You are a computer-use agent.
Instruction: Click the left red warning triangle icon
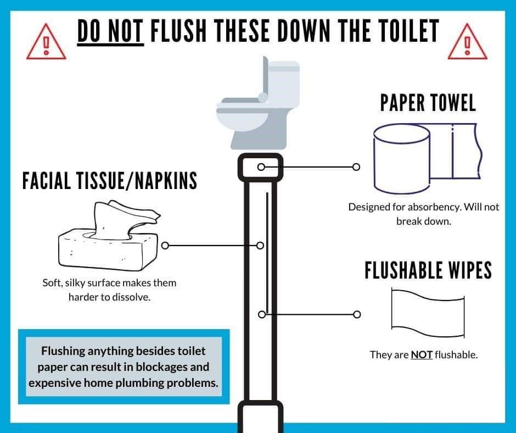click(x=47, y=43)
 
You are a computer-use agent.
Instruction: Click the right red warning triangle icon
click(x=467, y=43)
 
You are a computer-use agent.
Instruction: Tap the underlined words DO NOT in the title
click(x=110, y=32)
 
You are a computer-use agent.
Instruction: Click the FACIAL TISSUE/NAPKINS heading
click(x=109, y=180)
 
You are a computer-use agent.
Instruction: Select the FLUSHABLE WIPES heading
click(x=428, y=270)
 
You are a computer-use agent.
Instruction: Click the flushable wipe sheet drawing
click(x=429, y=314)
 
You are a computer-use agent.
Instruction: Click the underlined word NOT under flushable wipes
click(x=422, y=355)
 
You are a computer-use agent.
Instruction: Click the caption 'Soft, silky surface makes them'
click(x=109, y=284)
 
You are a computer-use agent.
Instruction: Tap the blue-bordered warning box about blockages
click(x=124, y=367)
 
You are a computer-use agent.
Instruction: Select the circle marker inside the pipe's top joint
click(x=261, y=166)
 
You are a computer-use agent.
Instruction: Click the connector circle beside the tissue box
click(x=165, y=245)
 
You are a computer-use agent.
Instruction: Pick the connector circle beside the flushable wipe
click(x=357, y=314)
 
